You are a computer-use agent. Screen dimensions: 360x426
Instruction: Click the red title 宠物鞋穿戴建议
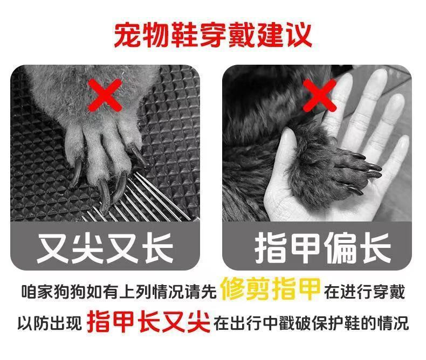pos(213,35)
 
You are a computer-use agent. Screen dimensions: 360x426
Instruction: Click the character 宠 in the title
pos(126,35)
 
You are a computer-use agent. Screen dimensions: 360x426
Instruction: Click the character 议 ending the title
pos(299,35)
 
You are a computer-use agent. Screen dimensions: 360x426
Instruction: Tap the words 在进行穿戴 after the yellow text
pos(365,293)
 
